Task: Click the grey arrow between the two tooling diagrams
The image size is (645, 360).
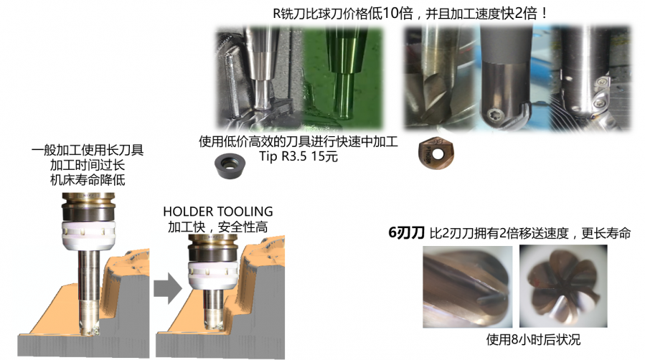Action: (x=168, y=288)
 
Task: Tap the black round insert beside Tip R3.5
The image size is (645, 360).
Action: (x=230, y=165)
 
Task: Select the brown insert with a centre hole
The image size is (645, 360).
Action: (x=436, y=153)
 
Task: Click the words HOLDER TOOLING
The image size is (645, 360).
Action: (x=218, y=212)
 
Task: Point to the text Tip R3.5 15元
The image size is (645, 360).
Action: (x=298, y=156)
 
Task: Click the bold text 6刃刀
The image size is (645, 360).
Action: (x=406, y=233)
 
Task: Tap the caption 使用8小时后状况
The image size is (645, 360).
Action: (x=533, y=339)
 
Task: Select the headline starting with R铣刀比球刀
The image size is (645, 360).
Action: (x=410, y=14)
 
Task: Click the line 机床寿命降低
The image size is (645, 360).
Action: (x=88, y=179)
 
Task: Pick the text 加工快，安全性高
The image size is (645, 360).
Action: (x=218, y=227)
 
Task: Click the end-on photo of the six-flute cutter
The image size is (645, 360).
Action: (x=563, y=286)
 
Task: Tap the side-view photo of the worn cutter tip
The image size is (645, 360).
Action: (x=468, y=286)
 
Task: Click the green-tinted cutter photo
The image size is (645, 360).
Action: (x=343, y=78)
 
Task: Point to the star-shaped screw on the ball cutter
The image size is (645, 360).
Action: (x=493, y=116)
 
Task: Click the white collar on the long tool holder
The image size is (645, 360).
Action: (x=88, y=235)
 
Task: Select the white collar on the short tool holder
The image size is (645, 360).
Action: (x=213, y=275)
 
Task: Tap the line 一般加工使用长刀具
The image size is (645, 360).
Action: (x=88, y=150)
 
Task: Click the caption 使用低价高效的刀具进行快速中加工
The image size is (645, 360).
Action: (x=298, y=142)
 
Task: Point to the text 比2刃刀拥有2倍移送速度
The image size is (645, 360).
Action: (x=499, y=233)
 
